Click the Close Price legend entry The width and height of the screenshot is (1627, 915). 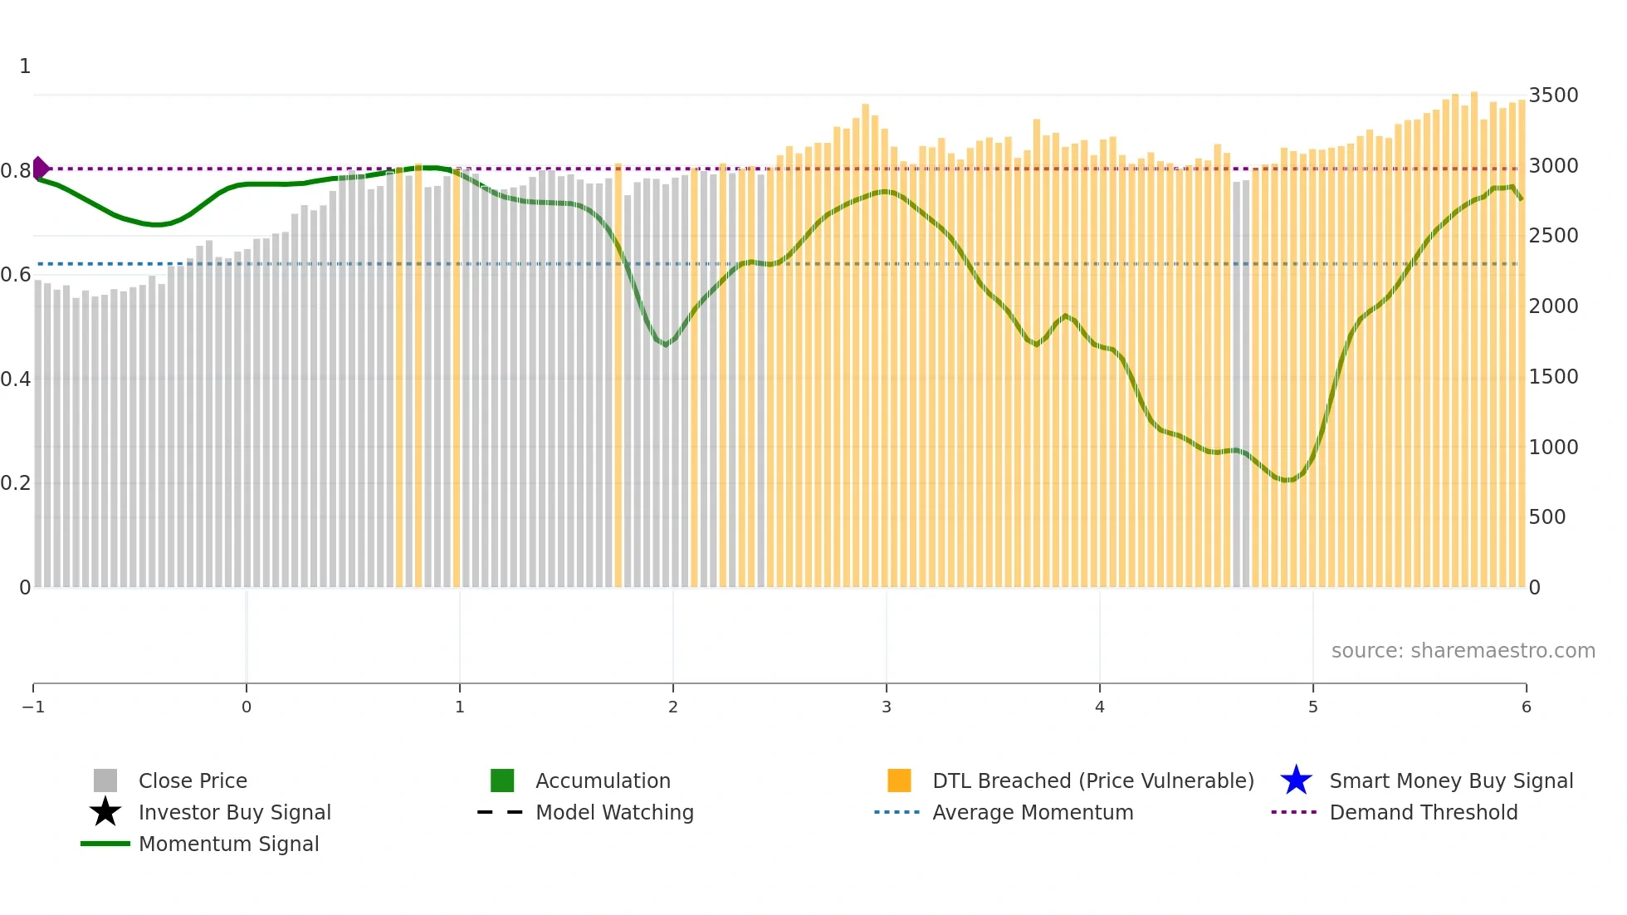pos(192,780)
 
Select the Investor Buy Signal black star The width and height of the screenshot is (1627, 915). pos(105,812)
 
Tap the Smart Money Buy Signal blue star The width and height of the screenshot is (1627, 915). pos(1296,780)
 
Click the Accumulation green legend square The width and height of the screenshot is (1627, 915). pos(502,780)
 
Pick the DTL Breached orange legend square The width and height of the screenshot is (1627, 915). pos(899,780)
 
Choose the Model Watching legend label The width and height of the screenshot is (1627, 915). pos(614,812)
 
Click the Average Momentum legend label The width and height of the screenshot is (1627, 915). pos(1033,812)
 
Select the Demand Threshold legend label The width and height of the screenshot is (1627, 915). pos(1423,812)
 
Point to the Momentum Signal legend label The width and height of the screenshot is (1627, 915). pos(228,844)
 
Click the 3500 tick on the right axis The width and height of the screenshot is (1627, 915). pos(1553,95)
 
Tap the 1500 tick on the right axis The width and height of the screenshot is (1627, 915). pos(1553,377)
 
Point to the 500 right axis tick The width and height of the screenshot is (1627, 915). pos(1547,517)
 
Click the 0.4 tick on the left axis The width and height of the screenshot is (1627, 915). pos(16,379)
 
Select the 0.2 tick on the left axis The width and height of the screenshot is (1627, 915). pos(16,483)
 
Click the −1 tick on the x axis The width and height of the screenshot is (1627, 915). pos(33,707)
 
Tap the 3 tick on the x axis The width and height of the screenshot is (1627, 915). pos(887,707)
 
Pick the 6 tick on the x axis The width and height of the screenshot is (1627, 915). pos(1526,707)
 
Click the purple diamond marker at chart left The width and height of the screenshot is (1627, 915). pos(40,169)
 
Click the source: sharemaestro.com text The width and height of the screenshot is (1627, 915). pos(1463,651)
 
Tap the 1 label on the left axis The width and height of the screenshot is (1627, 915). pos(25,66)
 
